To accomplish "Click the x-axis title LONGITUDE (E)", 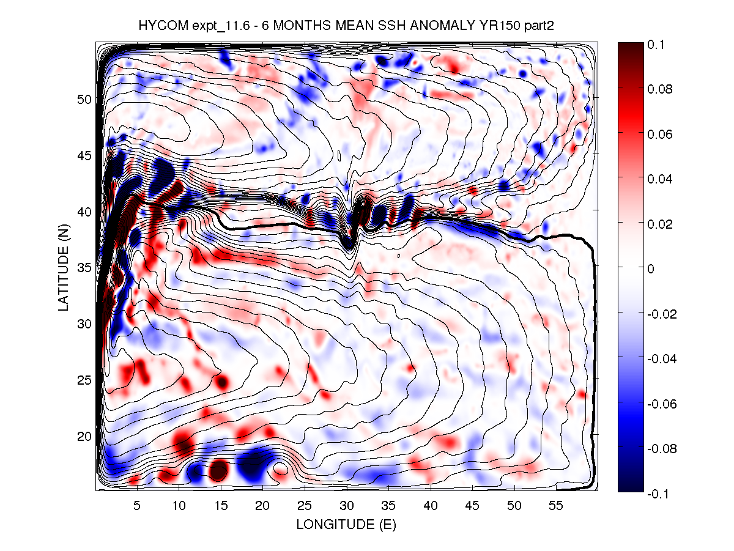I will (346, 524).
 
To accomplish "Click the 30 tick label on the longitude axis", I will (346, 506).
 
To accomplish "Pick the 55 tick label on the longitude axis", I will (556, 506).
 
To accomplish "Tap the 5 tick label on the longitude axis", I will (137, 506).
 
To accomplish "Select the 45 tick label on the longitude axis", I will (472, 506).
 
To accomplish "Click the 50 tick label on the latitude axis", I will (84, 99).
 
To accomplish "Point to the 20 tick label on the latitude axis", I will (84, 436).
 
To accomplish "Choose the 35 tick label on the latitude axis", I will (84, 267).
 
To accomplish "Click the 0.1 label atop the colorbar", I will (657, 45).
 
